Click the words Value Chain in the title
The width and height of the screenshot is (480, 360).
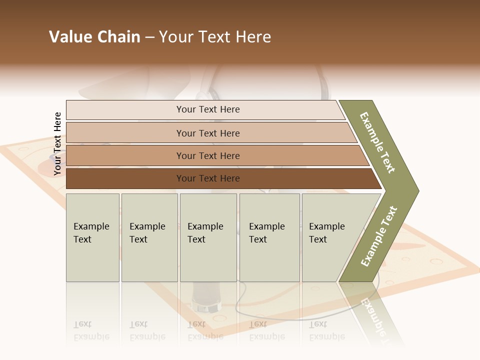click(x=94, y=37)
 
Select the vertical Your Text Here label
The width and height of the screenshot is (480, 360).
click(x=57, y=144)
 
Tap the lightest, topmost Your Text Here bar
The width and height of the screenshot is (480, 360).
click(x=207, y=109)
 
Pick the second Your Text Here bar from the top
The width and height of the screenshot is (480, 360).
click(x=207, y=133)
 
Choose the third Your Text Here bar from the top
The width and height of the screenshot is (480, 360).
click(x=207, y=155)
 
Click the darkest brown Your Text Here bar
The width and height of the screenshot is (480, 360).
click(x=207, y=178)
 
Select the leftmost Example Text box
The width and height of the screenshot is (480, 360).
click(x=92, y=237)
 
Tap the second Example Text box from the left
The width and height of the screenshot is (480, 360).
click(x=149, y=237)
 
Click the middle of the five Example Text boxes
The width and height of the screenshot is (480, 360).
click(x=208, y=237)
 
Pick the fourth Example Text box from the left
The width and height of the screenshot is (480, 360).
click(x=269, y=237)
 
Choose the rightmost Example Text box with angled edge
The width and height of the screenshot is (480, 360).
click(x=330, y=237)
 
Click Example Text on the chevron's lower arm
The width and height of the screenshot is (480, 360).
click(x=379, y=236)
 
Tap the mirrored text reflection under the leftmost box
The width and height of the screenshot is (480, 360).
click(x=91, y=330)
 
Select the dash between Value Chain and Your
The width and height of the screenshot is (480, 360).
click(x=149, y=37)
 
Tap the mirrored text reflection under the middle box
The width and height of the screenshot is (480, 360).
click(x=205, y=330)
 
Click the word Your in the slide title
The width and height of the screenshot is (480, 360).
click(x=175, y=37)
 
